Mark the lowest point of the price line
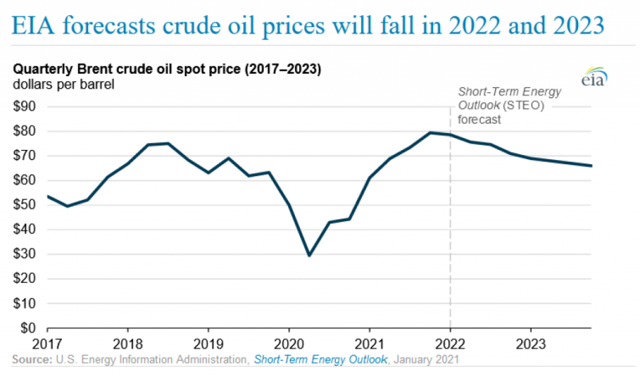click(x=309, y=255)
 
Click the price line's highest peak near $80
click(x=430, y=132)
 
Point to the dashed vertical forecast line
click(x=450, y=213)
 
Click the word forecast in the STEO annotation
click(x=479, y=119)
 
